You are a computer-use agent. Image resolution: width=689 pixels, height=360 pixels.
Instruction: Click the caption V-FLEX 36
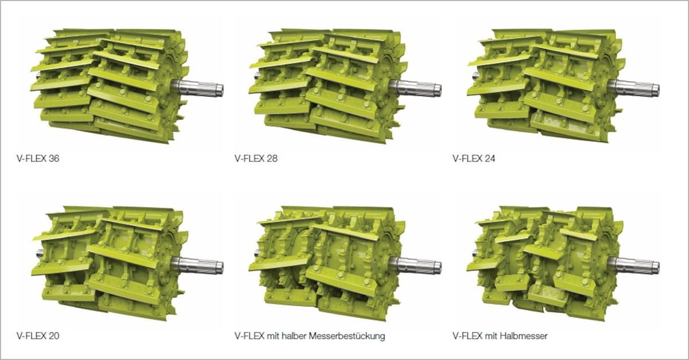[38, 158]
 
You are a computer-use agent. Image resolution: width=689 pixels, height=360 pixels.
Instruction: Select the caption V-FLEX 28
[256, 158]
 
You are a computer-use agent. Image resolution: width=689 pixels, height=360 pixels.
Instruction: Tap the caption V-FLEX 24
[474, 158]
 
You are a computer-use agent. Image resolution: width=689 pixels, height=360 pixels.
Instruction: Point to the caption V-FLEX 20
[38, 336]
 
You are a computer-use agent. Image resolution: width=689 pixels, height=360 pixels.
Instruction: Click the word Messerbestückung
[347, 336]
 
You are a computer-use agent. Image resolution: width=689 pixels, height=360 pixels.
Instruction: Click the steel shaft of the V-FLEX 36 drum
[198, 88]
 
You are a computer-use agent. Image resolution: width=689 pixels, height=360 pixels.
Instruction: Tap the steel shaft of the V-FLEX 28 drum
[415, 88]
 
